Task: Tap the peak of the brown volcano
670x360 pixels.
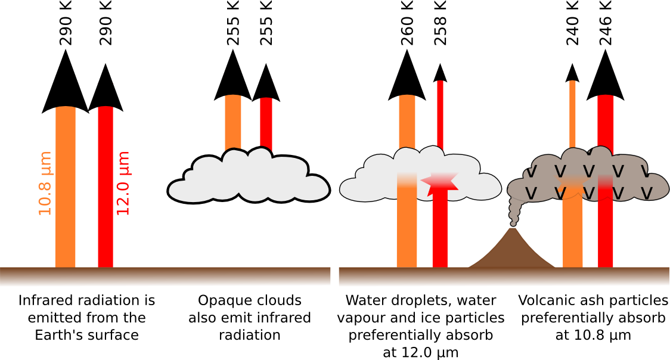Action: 511,230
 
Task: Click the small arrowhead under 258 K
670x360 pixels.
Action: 440,72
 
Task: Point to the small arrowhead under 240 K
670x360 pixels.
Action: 572,72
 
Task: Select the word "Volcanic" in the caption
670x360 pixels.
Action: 543,300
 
